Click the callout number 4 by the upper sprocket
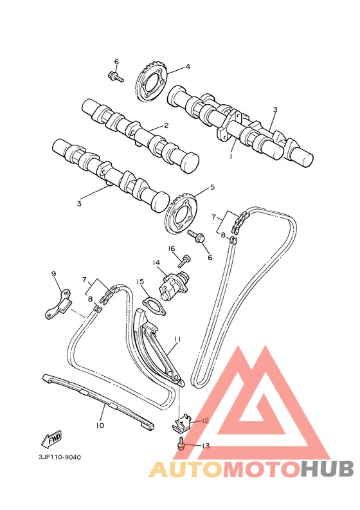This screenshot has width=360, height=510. (188, 66)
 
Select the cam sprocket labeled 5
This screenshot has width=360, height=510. (181, 213)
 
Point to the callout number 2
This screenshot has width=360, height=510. (166, 126)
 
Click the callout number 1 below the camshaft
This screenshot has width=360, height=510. (231, 155)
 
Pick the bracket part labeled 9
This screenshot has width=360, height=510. (58, 305)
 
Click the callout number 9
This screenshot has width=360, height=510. (54, 274)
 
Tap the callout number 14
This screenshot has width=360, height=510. (156, 262)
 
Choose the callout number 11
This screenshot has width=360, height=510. (177, 338)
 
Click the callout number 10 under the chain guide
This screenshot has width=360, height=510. (100, 425)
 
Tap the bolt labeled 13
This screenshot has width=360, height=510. (182, 443)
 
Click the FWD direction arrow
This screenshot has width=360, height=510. (51, 439)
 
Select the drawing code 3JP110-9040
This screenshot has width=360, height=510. (60, 457)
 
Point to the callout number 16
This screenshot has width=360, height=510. (172, 248)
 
